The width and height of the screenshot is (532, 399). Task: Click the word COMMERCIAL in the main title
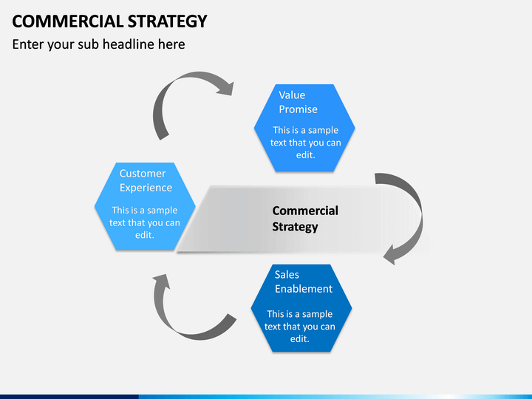(68, 21)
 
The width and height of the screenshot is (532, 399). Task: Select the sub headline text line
(98, 44)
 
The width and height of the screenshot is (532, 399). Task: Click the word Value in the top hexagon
(292, 95)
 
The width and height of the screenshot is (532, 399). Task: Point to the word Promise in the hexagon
(298, 109)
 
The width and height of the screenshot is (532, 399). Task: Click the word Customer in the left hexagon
(143, 174)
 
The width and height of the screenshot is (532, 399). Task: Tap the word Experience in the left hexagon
(146, 188)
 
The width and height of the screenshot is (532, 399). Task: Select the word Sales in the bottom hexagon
(287, 274)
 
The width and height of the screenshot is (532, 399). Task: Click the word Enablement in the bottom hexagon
(304, 289)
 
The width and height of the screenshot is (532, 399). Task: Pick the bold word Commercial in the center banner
(305, 211)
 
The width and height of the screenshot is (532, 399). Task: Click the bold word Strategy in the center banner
(295, 227)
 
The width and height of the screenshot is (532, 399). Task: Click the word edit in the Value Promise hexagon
(304, 155)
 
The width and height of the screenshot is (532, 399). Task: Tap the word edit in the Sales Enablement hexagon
(299, 339)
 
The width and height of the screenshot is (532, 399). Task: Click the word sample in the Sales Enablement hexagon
(317, 315)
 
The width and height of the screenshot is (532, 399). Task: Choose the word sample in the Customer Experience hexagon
(162, 211)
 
